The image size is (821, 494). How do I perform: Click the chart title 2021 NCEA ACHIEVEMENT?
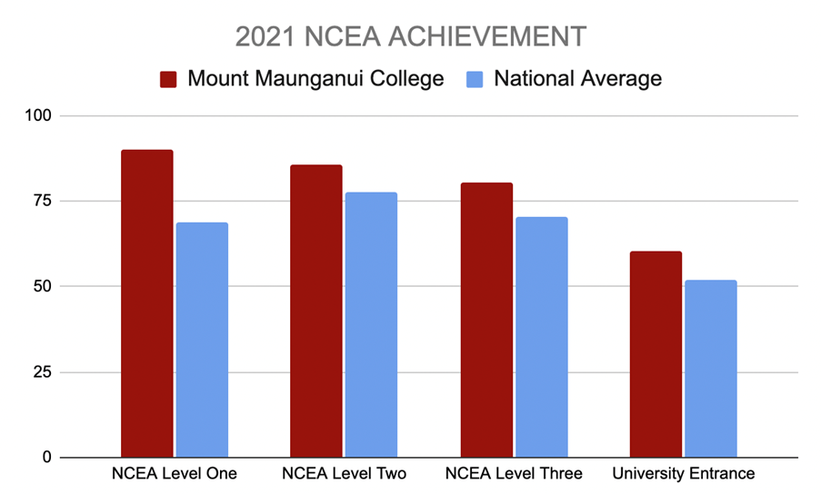411,37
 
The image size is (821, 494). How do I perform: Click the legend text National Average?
577,79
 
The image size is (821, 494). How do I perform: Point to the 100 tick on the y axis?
44,116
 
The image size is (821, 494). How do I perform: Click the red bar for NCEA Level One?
147,304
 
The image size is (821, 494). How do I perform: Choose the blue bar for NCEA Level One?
202,341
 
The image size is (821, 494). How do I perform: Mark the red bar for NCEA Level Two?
316,311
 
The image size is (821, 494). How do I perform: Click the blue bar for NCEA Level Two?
371,325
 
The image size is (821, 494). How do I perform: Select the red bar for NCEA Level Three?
486,321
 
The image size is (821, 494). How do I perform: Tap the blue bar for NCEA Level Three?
541,337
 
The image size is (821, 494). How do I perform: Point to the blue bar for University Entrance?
710,369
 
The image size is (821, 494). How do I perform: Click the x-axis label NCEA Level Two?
344,474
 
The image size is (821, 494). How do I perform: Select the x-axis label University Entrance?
683,474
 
